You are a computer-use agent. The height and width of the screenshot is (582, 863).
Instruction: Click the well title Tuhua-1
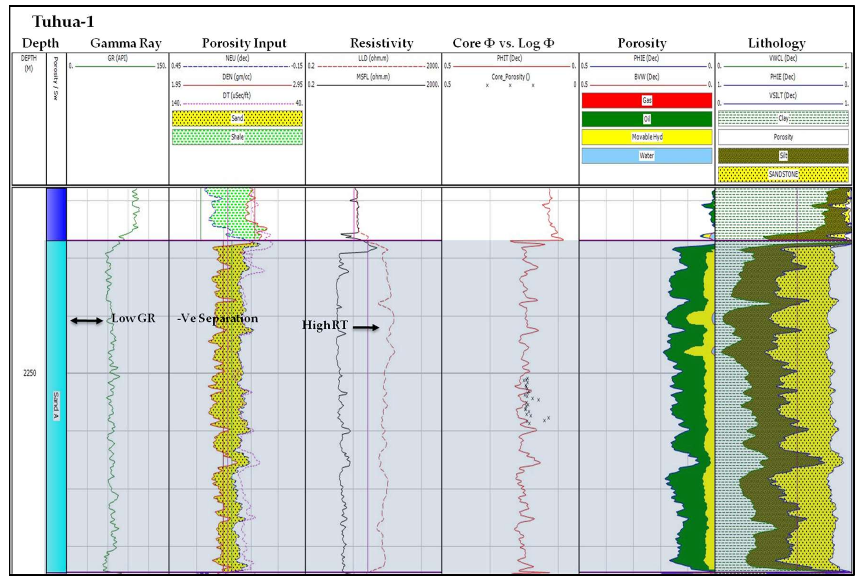(63, 22)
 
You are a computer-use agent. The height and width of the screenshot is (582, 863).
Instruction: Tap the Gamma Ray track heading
(126, 43)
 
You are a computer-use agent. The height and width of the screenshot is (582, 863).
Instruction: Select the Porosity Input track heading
(244, 43)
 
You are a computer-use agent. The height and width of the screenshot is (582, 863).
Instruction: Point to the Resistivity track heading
(381, 43)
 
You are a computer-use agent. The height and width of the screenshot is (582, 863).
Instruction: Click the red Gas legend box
(646, 100)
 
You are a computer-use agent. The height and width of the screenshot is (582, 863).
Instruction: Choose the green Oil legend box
(646, 119)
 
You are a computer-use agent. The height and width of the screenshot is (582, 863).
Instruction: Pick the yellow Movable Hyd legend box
(646, 137)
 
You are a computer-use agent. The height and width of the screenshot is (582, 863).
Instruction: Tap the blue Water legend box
(646, 156)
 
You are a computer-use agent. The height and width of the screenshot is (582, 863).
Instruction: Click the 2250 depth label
(30, 373)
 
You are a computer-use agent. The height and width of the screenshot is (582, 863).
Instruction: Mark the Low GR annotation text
(133, 318)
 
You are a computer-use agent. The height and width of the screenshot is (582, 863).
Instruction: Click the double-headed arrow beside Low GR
(87, 321)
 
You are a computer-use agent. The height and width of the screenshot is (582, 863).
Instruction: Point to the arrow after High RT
(366, 327)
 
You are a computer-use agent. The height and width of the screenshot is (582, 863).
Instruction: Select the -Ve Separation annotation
(217, 318)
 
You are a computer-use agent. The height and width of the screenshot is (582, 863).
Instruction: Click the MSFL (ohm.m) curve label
(373, 77)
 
